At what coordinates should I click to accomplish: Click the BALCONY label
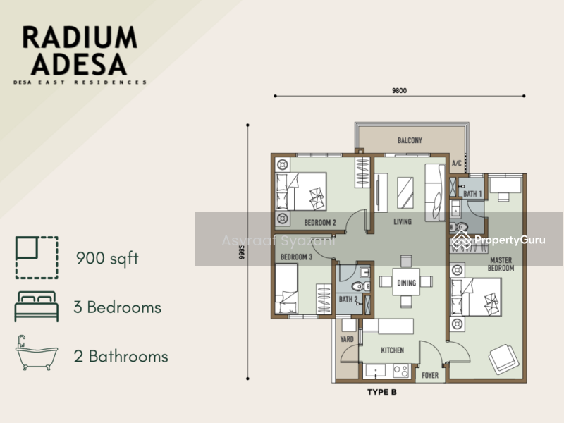coord(410,140)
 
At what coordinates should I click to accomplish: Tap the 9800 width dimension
coord(400,90)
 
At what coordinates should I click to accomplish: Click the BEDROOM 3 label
coord(296,257)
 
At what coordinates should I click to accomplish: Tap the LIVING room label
coord(403,223)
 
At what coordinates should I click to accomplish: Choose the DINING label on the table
coord(406,283)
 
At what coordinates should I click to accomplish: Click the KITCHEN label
coord(392,350)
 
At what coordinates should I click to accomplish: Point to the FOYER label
coord(429,375)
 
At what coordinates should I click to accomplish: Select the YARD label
coord(347,339)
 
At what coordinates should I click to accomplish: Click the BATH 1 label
coord(472,193)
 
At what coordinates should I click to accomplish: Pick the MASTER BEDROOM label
coord(502,264)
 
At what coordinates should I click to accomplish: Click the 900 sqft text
coord(107,258)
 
